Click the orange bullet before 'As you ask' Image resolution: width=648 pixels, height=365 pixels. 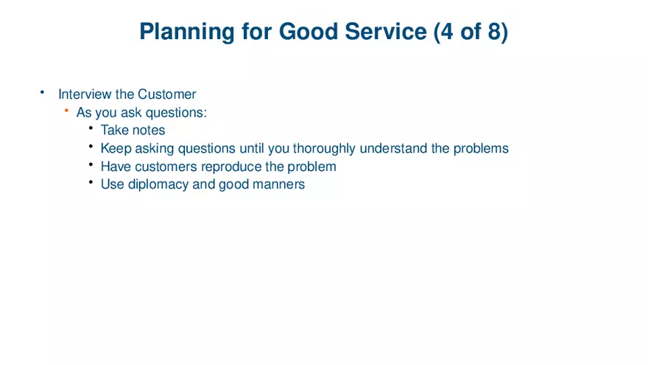(x=66, y=111)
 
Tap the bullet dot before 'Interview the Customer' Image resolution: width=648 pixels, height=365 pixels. (x=43, y=92)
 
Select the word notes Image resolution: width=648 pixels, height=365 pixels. (x=149, y=131)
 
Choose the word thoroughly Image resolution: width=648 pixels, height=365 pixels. (x=325, y=148)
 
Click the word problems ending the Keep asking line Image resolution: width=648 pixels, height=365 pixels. (x=481, y=148)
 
